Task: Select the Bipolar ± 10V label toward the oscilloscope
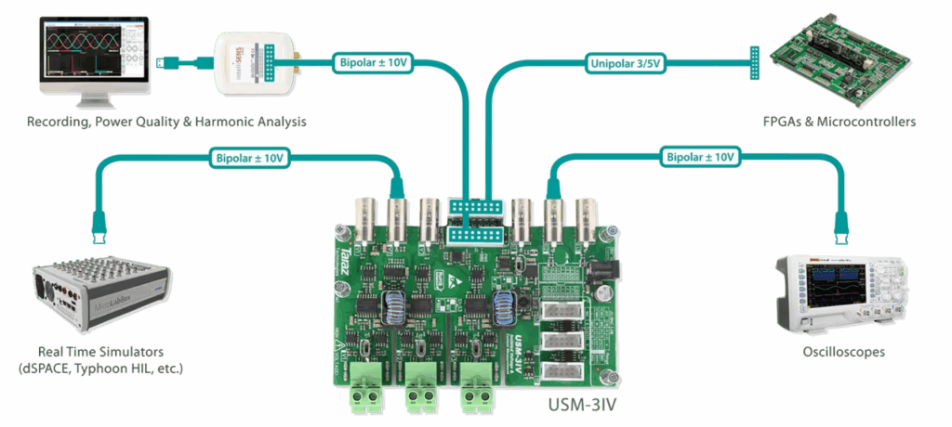703,157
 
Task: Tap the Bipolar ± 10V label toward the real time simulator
249,157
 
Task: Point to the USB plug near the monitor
168,63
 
